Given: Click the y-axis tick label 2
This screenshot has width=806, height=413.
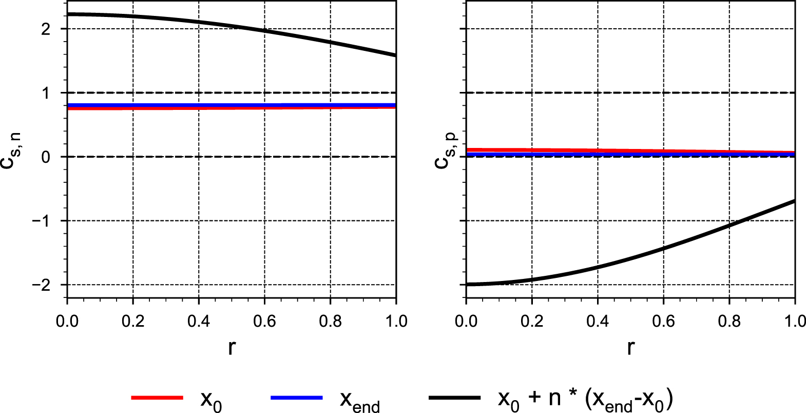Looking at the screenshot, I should point(47,29).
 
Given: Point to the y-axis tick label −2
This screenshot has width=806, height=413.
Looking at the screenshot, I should point(42,285).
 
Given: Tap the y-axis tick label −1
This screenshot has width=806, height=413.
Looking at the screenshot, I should point(42,221).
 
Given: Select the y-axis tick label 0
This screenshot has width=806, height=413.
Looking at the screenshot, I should point(47,157).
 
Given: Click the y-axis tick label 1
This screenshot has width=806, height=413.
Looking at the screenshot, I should point(47,93).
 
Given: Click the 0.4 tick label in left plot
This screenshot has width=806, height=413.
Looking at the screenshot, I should point(199,322).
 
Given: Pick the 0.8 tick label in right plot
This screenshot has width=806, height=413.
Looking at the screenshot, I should point(729,322).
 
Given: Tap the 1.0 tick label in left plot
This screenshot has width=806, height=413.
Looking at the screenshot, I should point(396,322).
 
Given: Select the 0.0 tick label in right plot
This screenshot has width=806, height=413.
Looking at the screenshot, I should point(466,322).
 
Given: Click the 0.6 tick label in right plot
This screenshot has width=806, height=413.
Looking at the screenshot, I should point(663,322).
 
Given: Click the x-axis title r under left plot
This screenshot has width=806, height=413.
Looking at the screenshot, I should point(232,348).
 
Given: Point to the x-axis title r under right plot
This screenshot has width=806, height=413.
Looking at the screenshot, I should point(630,348).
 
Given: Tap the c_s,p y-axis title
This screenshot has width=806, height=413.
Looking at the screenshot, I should point(445,151).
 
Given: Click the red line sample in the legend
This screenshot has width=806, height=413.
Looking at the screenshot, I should point(157,398).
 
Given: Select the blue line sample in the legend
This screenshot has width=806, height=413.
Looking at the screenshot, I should point(296,398).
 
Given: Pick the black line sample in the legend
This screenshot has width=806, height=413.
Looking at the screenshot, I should point(454,398).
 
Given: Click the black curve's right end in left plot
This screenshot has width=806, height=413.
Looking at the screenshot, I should point(395,55).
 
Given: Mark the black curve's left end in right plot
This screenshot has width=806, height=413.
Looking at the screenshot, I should point(467,284).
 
